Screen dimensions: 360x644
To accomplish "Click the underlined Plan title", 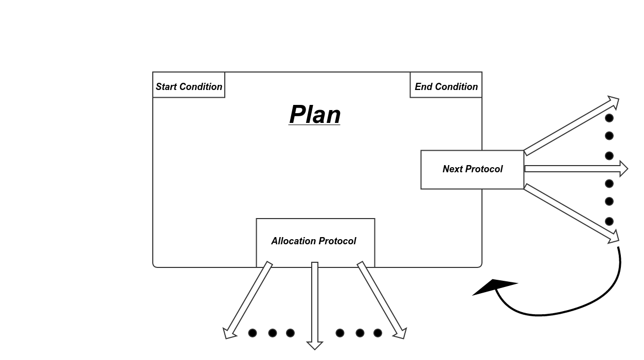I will coord(315,115).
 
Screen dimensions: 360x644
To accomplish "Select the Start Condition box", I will coord(189,85).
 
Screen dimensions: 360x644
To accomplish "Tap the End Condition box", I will coord(446,85).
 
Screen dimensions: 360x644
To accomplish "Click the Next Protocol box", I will coord(472,170).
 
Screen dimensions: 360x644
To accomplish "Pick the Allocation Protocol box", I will coord(315,242).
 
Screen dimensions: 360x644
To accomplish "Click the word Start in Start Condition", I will coord(167,87).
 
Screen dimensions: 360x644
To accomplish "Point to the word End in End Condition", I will coord(423,87).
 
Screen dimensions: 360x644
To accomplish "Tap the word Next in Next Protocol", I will coord(452,169).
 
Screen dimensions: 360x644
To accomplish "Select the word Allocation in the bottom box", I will coord(294,241).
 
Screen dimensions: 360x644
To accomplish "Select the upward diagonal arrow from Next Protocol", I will coord(571,125).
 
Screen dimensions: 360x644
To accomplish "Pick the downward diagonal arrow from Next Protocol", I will coord(571,213).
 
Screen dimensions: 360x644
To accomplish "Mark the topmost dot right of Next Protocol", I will coord(609,118).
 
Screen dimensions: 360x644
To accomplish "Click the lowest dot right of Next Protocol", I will coord(609,221).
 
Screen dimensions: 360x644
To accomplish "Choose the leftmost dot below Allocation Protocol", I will coord(253,333).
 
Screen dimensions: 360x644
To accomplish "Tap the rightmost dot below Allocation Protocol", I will coord(378,333).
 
